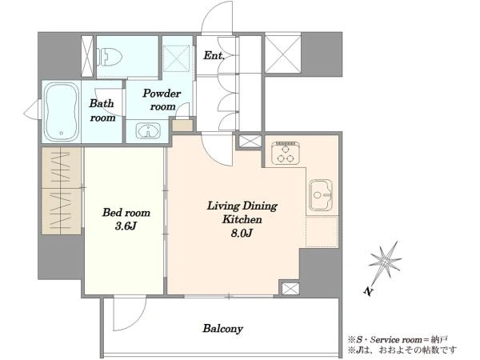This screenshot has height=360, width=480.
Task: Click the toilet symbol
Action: tap(110, 57)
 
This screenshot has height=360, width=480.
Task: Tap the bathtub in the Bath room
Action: tap(62, 112)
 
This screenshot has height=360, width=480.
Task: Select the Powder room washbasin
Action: tap(148, 131)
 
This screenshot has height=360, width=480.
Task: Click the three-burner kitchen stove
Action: tap(286, 153)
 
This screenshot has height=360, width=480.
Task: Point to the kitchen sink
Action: tap(321, 195)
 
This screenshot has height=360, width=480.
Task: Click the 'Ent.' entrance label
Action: tap(214, 56)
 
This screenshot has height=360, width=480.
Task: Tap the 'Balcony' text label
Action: tap(222, 329)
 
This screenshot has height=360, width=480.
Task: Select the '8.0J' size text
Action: tap(242, 234)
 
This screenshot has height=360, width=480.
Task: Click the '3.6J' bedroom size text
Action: tap(126, 226)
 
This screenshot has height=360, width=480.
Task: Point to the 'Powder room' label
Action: tap(162, 100)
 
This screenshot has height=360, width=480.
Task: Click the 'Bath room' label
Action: tap(102, 110)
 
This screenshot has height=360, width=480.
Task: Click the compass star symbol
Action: tap(385, 261)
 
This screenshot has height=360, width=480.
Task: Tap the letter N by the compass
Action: tap(369, 291)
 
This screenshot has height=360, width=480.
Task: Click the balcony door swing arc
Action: tap(134, 320)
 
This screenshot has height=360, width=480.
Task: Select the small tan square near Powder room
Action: tap(182, 126)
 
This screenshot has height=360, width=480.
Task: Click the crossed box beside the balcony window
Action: tap(290, 289)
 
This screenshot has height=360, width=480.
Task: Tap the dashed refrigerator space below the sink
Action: tap(322, 231)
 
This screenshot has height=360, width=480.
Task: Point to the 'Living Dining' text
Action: tap(242, 206)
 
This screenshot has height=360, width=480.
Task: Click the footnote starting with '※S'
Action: tap(398, 339)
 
